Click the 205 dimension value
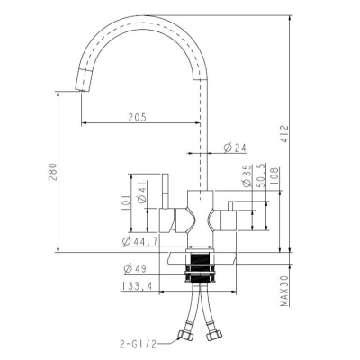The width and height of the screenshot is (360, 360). click(137, 117)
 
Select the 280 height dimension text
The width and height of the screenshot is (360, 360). click(52, 172)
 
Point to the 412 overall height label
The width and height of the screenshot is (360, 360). click(284, 134)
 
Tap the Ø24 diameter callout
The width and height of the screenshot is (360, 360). click(235, 148)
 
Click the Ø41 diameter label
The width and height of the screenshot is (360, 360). click(141, 192)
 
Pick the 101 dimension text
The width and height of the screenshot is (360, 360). click(126, 202)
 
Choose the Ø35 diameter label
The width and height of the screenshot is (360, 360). click(247, 175)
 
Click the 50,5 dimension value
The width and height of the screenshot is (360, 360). click(262, 176)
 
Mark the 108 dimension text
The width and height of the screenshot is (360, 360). click(275, 176)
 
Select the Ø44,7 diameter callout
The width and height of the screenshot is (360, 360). click(140, 241)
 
